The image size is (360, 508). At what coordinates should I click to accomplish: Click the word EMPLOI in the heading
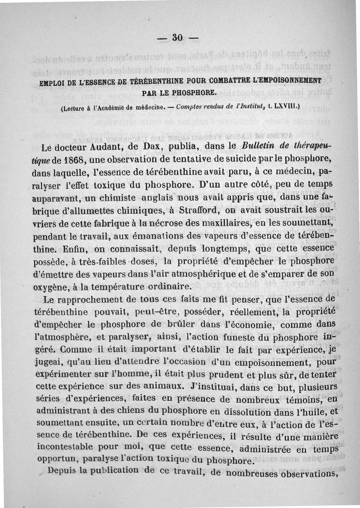click(54, 82)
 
